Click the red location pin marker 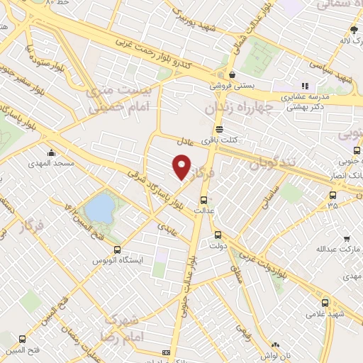click(182, 167)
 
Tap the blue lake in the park click(99, 208)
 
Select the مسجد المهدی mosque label click(52, 163)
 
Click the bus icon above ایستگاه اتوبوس click(117, 250)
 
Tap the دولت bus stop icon click(217, 235)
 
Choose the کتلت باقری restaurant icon click(218, 130)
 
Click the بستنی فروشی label click(232, 84)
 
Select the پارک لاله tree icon click(354, 29)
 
